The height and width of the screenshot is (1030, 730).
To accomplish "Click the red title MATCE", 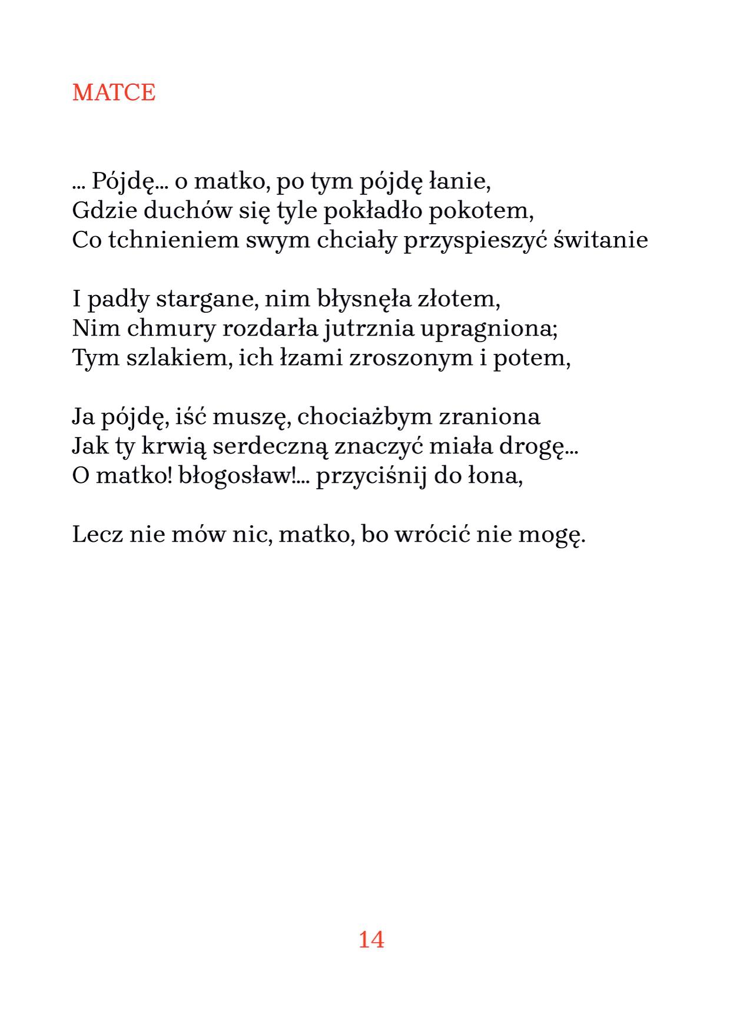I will coord(114,92).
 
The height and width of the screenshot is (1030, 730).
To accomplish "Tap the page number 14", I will coord(371,939).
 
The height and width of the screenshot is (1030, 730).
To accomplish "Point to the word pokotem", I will coord(481,210).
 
